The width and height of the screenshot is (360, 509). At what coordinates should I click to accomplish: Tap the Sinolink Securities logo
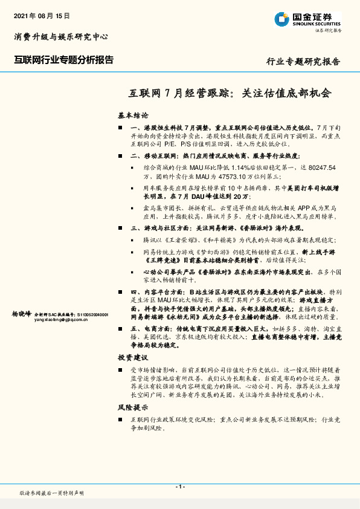click(307, 19)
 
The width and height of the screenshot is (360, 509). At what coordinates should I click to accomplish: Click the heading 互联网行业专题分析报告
click(63, 59)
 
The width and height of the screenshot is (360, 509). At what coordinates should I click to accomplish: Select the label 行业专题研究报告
click(304, 62)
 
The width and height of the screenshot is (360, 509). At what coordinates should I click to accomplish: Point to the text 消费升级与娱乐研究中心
click(61, 37)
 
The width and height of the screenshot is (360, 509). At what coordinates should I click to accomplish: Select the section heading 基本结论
click(133, 115)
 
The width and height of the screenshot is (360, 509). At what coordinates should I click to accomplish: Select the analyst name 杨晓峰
click(22, 314)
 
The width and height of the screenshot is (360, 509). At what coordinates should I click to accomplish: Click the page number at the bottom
click(179, 487)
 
